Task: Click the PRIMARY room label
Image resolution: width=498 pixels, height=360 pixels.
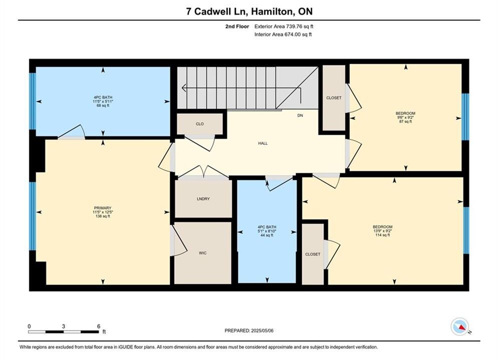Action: coord(103,208)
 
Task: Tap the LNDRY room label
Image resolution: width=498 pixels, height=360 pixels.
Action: coord(203,199)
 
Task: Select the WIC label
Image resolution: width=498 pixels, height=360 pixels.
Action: coord(203,253)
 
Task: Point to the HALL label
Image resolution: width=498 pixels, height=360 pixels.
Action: coord(263,143)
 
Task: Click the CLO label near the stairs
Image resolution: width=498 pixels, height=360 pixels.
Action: coord(200,124)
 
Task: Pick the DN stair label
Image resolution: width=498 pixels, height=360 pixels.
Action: coord(300,115)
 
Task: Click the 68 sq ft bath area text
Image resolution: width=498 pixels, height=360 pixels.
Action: coord(103,105)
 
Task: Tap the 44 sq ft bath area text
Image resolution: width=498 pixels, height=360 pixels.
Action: coord(267,235)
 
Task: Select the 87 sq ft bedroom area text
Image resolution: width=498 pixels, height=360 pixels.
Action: coord(405,121)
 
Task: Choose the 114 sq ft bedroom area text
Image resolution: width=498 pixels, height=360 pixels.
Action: coord(383,235)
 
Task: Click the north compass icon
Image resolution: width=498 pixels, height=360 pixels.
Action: coord(460,326)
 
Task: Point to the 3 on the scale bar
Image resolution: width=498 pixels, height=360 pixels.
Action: coord(64,326)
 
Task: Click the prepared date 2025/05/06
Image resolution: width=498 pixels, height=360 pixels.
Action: coord(262,330)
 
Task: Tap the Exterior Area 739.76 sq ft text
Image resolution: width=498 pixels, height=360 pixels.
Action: coord(284,26)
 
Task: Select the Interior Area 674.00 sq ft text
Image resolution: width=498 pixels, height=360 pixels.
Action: coord(283,34)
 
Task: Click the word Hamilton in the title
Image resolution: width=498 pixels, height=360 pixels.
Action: coord(273,11)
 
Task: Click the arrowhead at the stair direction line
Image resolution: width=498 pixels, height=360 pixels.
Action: coord(184,88)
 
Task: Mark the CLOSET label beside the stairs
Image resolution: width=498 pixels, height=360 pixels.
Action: coord(334,97)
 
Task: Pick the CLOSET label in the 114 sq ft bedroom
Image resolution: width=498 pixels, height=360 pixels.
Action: coord(313,254)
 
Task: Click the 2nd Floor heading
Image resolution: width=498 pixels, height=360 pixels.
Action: coord(237,26)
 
